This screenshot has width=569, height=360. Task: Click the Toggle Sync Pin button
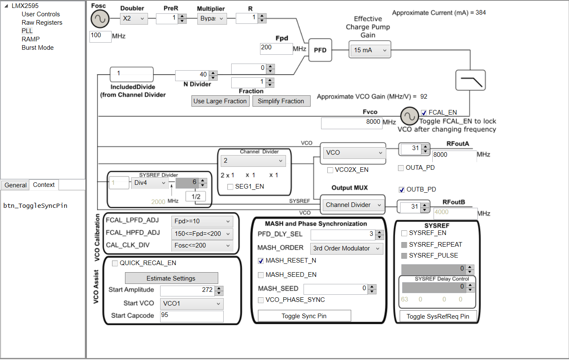tap(304, 316)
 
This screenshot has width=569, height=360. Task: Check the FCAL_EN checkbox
tap(424, 112)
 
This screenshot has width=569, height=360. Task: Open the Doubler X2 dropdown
tap(134, 18)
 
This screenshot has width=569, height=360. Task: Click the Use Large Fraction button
tap(220, 101)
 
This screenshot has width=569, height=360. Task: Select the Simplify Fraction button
tap(281, 101)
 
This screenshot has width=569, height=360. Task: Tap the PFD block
tap(320, 50)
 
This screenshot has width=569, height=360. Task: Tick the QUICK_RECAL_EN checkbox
tap(115, 263)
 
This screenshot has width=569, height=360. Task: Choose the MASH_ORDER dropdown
tap(347, 248)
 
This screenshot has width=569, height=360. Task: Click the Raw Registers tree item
tap(42, 23)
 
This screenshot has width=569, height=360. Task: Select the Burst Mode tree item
tap(38, 48)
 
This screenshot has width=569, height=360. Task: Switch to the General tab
tap(15, 185)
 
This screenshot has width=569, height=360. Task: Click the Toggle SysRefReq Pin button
tap(438, 317)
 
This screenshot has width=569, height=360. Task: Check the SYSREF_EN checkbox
tap(404, 233)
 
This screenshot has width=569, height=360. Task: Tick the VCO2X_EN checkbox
tap(330, 170)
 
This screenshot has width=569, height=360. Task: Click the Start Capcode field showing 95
tap(191, 316)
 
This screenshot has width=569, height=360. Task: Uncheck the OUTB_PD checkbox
tap(402, 189)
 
